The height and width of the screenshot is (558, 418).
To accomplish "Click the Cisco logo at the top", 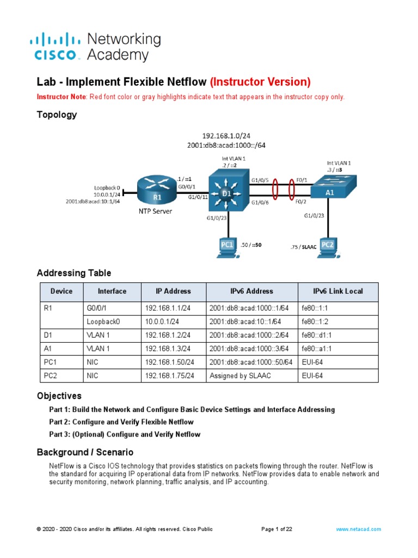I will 57,47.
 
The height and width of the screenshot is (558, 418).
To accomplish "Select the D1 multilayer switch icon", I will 227,192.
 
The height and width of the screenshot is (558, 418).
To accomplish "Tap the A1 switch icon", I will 330,189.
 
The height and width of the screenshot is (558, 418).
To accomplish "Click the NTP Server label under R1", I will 154,211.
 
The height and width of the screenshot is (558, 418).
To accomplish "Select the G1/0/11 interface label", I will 198,198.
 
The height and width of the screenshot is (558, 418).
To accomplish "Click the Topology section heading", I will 57,115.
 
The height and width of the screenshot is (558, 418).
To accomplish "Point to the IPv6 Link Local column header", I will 337,292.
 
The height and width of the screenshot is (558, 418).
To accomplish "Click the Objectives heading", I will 59,396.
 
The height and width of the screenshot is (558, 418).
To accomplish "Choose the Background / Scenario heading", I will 85,452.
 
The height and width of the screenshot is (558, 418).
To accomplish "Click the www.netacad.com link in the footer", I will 358,529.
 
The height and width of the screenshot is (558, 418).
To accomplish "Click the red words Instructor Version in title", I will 260,82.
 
